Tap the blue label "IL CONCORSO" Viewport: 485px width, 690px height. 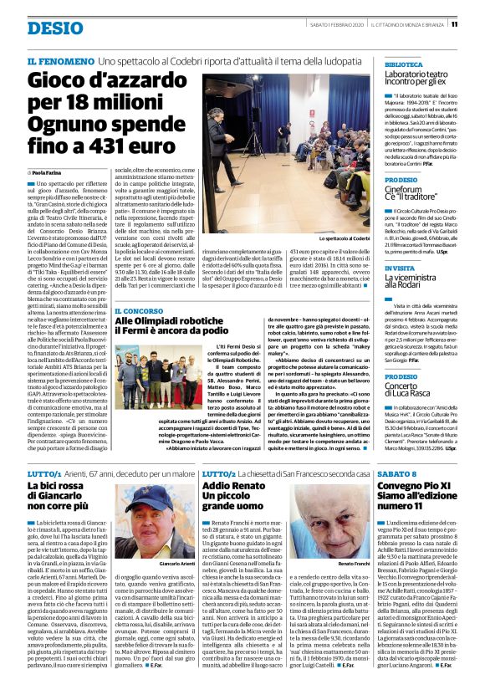tap(140, 311)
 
